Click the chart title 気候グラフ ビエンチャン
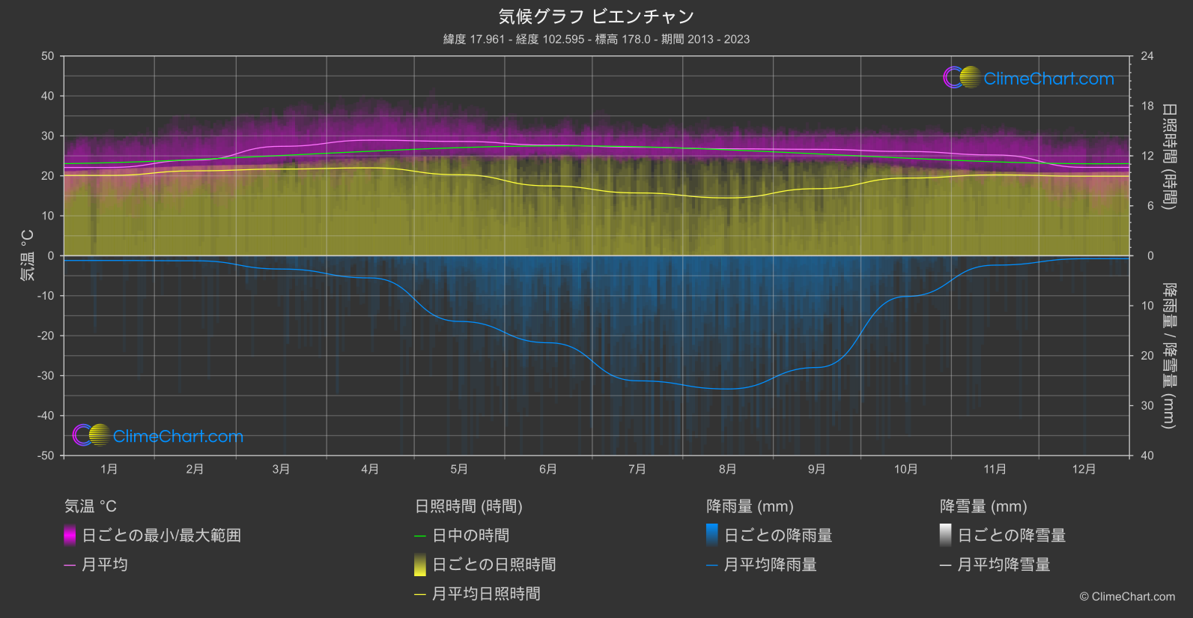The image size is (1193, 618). pyautogui.click(x=596, y=16)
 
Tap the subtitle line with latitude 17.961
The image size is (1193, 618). pyautogui.click(x=596, y=39)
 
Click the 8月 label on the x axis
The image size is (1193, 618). pyautogui.click(x=727, y=469)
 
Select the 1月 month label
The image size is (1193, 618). pyautogui.click(x=109, y=469)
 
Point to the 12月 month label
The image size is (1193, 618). pyautogui.click(x=1084, y=469)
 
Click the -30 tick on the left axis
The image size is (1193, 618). pyautogui.click(x=46, y=376)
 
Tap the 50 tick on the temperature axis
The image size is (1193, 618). pyautogui.click(x=48, y=56)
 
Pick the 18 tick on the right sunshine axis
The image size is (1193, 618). pyautogui.click(x=1147, y=106)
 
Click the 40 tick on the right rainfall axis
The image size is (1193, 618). pyautogui.click(x=1147, y=455)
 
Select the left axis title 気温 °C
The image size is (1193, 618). pyautogui.click(x=28, y=255)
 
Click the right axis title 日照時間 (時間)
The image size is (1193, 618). pyautogui.click(x=1168, y=156)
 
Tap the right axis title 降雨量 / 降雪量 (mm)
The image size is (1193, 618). pyautogui.click(x=1168, y=356)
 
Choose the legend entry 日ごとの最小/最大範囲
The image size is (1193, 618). pyautogui.click(x=161, y=536)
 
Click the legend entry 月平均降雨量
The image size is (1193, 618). pyautogui.click(x=770, y=565)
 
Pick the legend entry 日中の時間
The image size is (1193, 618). pyautogui.click(x=470, y=536)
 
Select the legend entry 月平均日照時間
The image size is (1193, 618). pyautogui.click(x=486, y=594)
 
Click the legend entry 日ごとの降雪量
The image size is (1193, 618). pyautogui.click(x=1011, y=536)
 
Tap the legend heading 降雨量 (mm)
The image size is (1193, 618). pyautogui.click(x=750, y=506)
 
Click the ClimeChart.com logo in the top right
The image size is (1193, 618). pyautogui.click(x=1029, y=78)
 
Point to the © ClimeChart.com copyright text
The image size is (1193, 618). pyautogui.click(x=1127, y=596)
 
